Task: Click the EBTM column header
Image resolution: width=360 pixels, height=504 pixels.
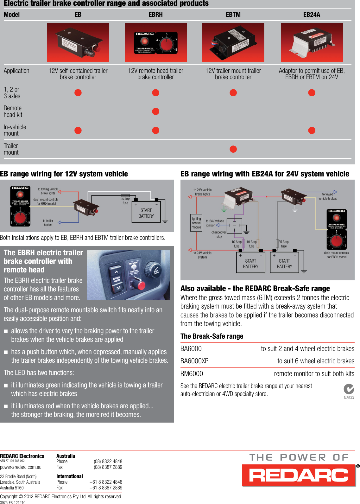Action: click(x=233, y=15)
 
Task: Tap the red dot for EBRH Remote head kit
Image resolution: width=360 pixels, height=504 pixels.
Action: click(x=155, y=112)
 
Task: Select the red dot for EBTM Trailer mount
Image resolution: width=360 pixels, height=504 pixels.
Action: click(x=233, y=149)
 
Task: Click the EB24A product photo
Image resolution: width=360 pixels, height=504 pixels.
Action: click(x=312, y=42)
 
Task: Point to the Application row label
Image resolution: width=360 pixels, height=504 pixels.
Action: click(x=16, y=71)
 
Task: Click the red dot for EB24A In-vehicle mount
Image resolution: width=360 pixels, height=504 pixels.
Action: click(x=312, y=130)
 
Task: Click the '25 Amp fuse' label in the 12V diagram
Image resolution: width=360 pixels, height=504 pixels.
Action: click(x=125, y=201)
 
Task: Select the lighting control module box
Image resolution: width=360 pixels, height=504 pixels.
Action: click(x=196, y=223)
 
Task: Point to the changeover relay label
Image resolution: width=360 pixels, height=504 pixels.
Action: click(x=219, y=234)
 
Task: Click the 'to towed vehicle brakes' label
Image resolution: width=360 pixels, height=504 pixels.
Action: click(x=327, y=196)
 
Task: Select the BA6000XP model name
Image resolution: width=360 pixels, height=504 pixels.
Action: click(x=194, y=361)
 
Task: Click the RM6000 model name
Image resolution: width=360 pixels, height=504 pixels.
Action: click(x=192, y=374)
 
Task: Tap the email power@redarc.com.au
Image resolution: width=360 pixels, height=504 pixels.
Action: click(x=21, y=467)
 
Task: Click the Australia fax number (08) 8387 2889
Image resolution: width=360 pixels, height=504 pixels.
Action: click(x=108, y=467)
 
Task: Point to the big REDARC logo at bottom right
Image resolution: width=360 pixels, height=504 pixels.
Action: click(x=299, y=475)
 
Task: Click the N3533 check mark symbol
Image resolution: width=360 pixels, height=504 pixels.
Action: click(x=349, y=389)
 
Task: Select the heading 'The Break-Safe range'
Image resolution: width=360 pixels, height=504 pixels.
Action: click(x=212, y=336)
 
